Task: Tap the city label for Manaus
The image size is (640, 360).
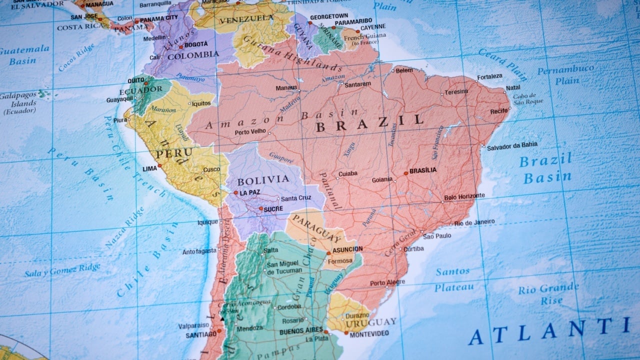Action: click(x=286, y=87)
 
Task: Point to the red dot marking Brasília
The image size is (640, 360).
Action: click(x=405, y=173)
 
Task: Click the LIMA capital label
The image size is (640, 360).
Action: click(x=150, y=169)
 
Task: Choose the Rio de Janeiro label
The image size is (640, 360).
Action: click(x=474, y=222)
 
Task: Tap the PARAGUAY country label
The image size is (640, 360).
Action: click(x=316, y=227)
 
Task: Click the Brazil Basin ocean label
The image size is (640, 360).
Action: click(x=546, y=168)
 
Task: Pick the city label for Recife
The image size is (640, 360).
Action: click(x=499, y=111)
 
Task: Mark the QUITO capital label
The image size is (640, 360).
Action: click(x=135, y=80)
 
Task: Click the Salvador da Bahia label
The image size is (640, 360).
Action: click(x=512, y=145)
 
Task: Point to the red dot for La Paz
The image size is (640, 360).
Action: click(x=235, y=192)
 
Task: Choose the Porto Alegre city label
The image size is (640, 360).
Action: click(x=387, y=283)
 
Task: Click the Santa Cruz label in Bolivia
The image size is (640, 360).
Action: click(x=296, y=198)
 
